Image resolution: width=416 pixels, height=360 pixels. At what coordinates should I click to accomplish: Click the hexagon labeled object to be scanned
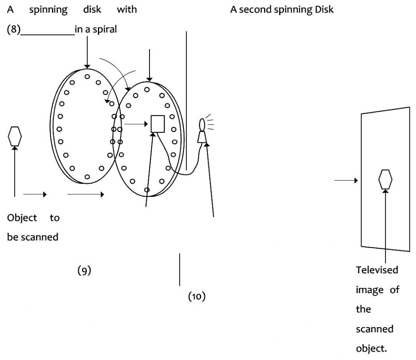pyautogui.click(x=15, y=136)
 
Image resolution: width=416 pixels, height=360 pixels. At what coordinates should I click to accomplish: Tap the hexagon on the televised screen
pyautogui.click(x=385, y=179)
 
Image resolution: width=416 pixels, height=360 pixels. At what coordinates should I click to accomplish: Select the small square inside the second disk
pyautogui.click(x=158, y=124)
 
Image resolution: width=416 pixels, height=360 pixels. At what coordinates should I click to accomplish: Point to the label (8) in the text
pyautogui.click(x=13, y=30)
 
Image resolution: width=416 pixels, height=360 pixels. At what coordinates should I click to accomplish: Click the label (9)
pyautogui.click(x=84, y=271)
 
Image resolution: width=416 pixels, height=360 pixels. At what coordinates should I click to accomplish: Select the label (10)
pyautogui.click(x=197, y=297)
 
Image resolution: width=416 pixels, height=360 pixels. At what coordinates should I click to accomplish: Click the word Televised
pyautogui.click(x=377, y=270)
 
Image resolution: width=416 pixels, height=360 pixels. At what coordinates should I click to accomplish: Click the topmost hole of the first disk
pyautogui.click(x=87, y=76)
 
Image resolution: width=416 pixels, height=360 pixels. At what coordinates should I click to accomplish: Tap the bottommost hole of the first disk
pyautogui.click(x=87, y=177)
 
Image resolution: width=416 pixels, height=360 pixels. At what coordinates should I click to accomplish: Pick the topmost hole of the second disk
pyautogui.click(x=147, y=89)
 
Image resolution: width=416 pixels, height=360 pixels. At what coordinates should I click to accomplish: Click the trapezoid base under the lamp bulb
pyautogui.click(x=202, y=138)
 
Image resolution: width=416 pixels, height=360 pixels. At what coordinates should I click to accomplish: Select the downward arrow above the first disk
pyautogui.click(x=87, y=57)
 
